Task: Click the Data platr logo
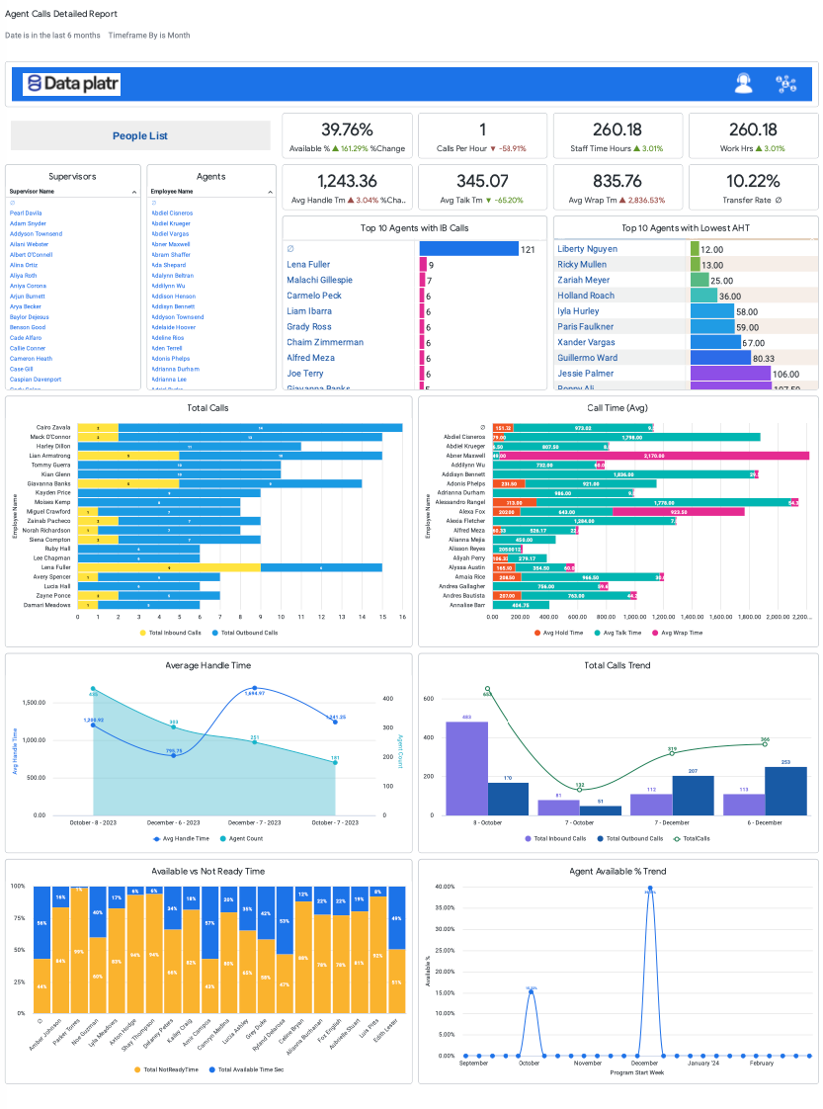[x=71, y=84]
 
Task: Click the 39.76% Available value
[x=347, y=129]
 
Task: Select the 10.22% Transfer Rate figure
[x=753, y=181]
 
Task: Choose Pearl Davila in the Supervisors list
[x=26, y=213]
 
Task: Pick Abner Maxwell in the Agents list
[x=171, y=244]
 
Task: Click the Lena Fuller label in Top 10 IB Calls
[x=308, y=265]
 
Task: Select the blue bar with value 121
[x=468, y=250]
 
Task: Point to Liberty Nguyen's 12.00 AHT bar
[x=694, y=250]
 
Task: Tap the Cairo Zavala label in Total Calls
[x=51, y=427]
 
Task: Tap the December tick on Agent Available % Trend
[x=644, y=1063]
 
